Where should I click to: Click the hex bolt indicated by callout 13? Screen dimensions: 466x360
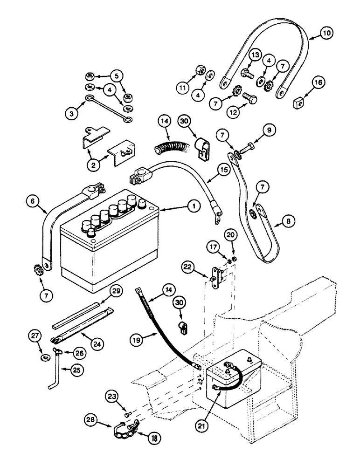click(x=246, y=73)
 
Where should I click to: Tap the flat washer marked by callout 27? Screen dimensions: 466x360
click(x=45, y=357)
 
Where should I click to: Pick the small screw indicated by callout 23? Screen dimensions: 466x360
click(x=126, y=412)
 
